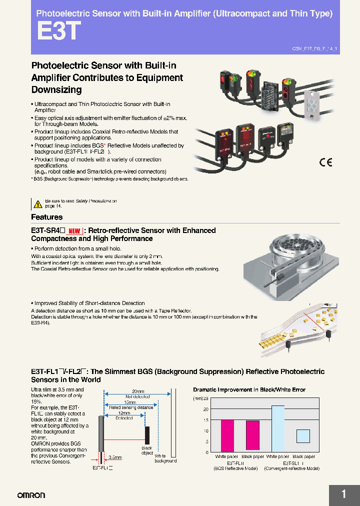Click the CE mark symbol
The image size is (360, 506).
coord(325,162)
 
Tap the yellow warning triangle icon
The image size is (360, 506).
coord(37,203)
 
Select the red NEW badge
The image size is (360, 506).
coord(74,231)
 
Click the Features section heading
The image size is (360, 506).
coord(47,217)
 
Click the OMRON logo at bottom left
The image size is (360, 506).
coord(31,495)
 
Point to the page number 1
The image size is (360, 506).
coord(343,494)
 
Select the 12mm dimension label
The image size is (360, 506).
coord(124,413)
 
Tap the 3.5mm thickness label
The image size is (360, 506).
coord(115,457)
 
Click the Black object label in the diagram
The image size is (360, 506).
coord(146,450)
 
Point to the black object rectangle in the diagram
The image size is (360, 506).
coord(147,434)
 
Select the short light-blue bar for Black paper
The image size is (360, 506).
coord(303,435)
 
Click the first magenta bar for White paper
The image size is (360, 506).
coord(227,435)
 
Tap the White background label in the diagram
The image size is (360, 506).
coord(165,458)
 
